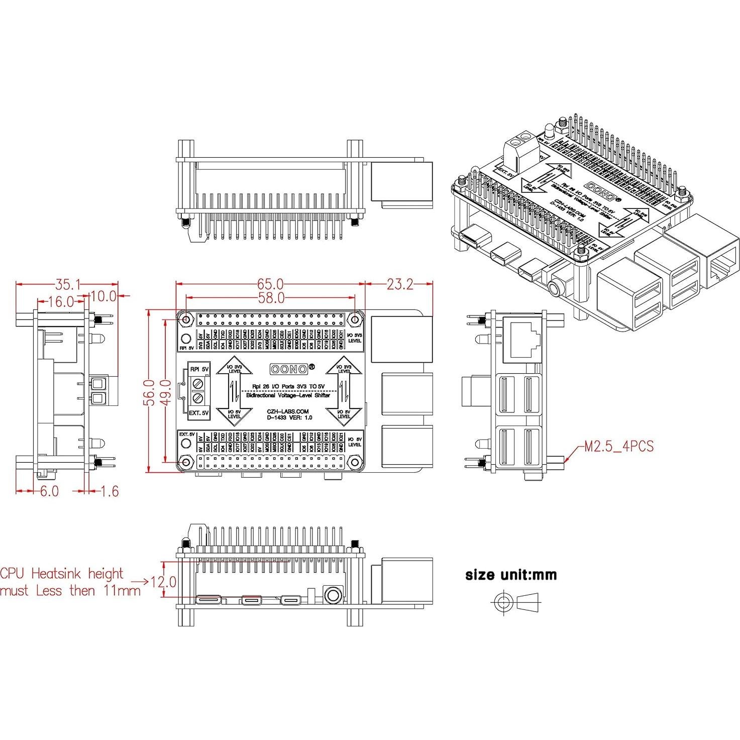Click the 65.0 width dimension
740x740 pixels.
tap(271, 285)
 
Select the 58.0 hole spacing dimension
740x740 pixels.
tap(271, 298)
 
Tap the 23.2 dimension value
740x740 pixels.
tap(400, 285)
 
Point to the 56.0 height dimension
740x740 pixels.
tap(149, 391)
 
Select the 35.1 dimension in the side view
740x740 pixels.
tap(68, 285)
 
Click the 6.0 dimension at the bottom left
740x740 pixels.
tap(49, 491)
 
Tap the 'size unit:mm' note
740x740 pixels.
tap(511, 575)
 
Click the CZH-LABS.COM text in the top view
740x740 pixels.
tap(288, 411)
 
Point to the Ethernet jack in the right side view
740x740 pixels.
tap(524, 340)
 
